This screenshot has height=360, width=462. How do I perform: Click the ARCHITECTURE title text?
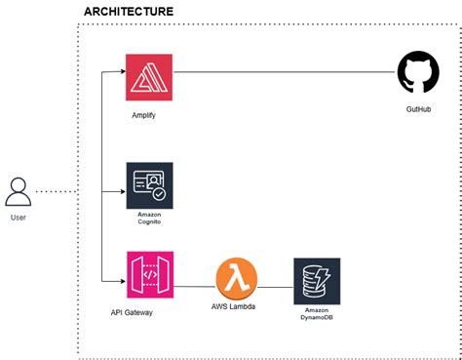pyautogui.click(x=129, y=12)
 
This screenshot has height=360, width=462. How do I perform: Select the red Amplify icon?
pyautogui.click(x=149, y=78)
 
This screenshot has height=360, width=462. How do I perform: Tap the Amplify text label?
pyautogui.click(x=143, y=114)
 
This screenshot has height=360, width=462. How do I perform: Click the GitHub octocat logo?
pyautogui.click(x=418, y=74)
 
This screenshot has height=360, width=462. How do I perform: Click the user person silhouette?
pyautogui.click(x=19, y=191)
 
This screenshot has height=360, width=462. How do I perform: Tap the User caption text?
pyautogui.click(x=19, y=217)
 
